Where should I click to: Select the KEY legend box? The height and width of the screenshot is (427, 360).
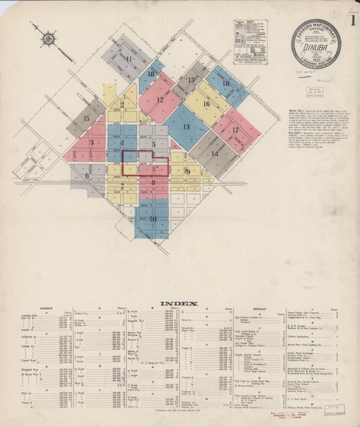pos(251,41)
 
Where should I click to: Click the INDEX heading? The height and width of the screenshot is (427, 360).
pos(180,303)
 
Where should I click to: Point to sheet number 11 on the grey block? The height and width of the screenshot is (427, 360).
pos(128,59)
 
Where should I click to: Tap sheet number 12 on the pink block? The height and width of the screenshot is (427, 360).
pos(160,100)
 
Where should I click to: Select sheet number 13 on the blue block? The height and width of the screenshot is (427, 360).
pos(185,126)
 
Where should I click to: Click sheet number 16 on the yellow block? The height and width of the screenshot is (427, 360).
pos(206,104)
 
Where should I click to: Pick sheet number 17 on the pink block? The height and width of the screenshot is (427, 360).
pos(235,130)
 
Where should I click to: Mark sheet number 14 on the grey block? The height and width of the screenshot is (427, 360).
pos(214,153)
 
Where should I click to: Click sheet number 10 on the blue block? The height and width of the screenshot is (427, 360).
pos(153,218)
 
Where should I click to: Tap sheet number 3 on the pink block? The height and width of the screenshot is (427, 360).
pos(91,143)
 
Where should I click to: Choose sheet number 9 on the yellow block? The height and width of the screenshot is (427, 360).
pos(188,172)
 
